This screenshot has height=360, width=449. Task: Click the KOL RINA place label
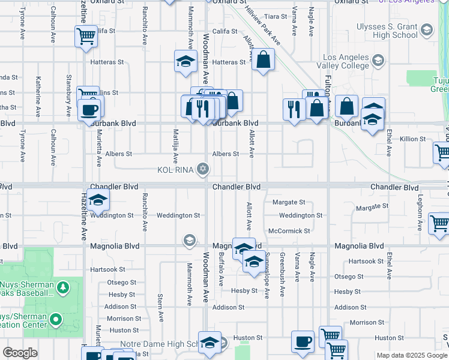[x=175, y=170]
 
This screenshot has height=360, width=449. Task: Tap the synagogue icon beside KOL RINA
[x=203, y=170]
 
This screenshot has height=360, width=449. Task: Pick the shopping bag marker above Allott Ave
[x=263, y=60]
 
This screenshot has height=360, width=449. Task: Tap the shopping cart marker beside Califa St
[x=86, y=37]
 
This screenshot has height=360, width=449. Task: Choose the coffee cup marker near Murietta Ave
[x=90, y=110]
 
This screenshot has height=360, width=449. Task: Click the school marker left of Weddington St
[x=98, y=201]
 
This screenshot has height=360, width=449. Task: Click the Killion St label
[x=413, y=139]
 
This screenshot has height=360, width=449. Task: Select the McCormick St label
[x=289, y=231]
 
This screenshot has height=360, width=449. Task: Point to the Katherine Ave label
[x=38, y=96]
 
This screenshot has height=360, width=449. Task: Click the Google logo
[x=20, y=353]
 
